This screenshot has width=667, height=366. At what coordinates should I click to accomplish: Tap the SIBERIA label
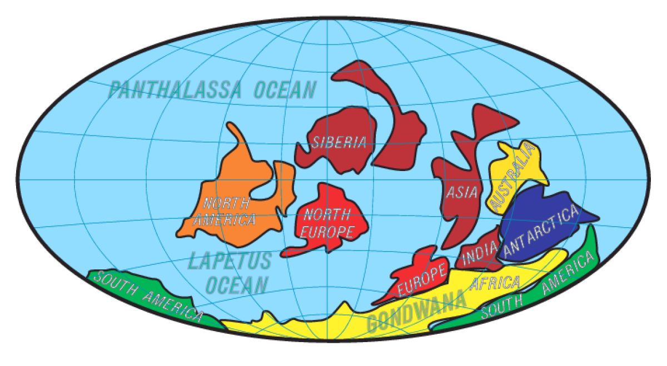tap(338, 142)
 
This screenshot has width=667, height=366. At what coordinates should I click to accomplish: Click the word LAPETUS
tap(230, 260)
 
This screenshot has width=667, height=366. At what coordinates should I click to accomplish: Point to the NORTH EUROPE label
tap(327, 222)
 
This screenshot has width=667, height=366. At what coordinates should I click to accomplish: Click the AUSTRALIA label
tap(512, 177)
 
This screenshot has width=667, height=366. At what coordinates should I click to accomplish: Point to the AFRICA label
tap(495, 283)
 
